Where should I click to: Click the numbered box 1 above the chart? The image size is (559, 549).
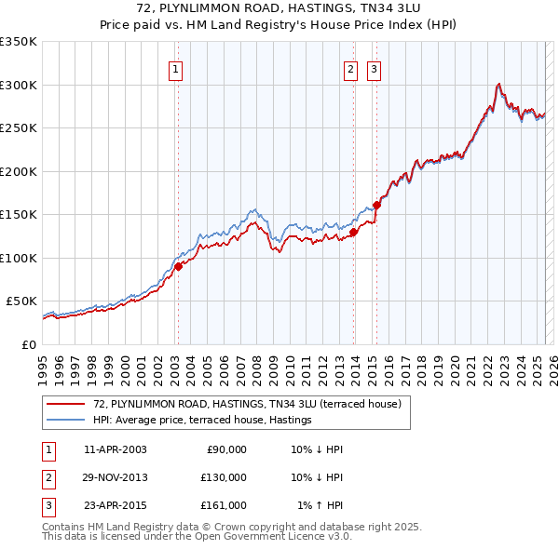click(176, 68)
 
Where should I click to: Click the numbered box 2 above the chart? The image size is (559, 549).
click(350, 68)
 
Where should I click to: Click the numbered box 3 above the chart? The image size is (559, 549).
click(374, 68)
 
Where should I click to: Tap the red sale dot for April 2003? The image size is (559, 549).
click(178, 266)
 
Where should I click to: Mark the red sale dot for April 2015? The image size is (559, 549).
click(377, 205)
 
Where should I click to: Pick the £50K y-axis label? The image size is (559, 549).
click(21, 301)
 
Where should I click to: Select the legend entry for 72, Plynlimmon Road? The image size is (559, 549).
click(247, 404)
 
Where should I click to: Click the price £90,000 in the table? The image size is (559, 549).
click(226, 449)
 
